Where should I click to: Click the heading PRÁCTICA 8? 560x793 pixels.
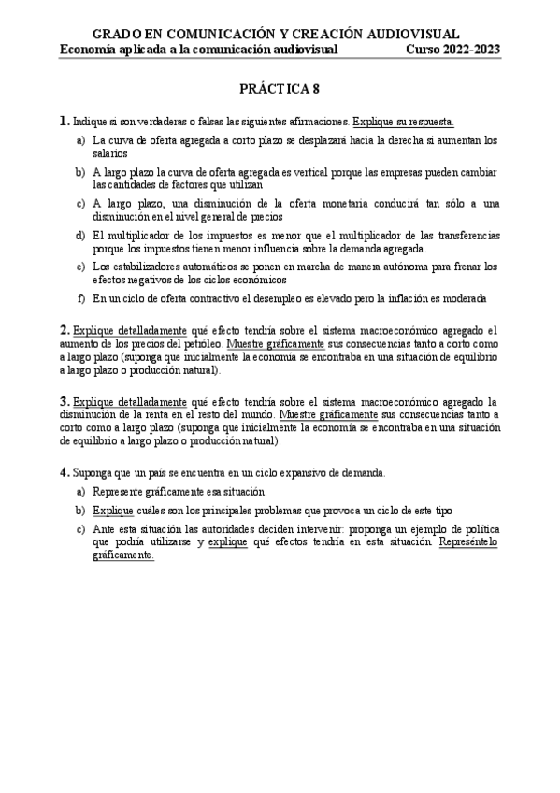click(x=280, y=89)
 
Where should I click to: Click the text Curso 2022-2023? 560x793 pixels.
click(x=452, y=50)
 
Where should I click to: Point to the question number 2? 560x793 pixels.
click(x=64, y=329)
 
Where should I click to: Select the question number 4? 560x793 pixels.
click(x=64, y=473)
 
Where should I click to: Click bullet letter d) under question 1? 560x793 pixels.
click(x=80, y=235)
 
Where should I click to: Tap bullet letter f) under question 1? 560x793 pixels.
click(x=81, y=299)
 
